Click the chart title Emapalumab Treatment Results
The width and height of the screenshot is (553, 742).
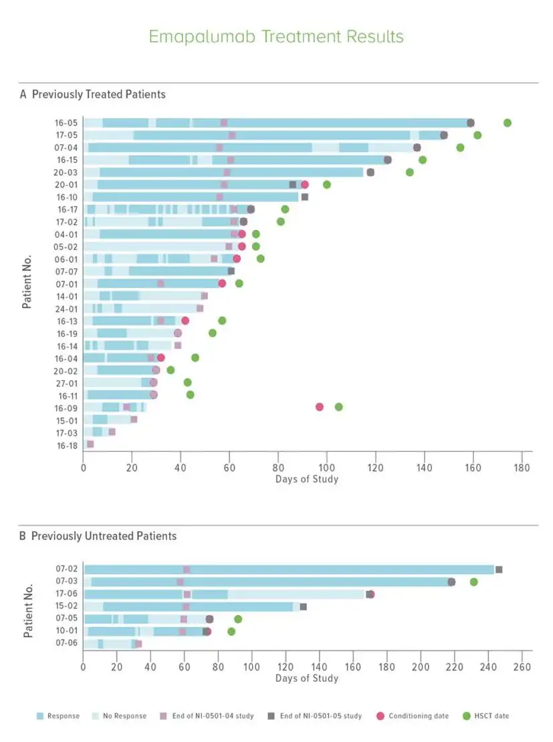276,36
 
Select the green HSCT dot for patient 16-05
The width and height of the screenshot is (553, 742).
508,123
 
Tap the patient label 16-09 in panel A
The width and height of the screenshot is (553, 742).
67,407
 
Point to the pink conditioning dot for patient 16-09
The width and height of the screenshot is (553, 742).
320,407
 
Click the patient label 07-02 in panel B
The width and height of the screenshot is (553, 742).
67,570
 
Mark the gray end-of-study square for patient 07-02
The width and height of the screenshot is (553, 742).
499,570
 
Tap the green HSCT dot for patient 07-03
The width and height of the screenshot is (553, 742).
474,582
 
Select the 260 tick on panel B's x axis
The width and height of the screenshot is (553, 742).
522,667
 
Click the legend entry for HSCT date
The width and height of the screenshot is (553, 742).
485,716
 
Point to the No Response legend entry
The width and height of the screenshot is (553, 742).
121,716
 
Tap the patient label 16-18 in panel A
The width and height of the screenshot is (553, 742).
67,445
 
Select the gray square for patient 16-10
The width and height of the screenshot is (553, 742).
305,197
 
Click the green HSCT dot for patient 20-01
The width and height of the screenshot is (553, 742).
327,184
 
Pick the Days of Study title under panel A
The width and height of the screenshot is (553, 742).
307,479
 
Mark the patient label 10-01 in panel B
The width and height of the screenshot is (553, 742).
67,631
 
